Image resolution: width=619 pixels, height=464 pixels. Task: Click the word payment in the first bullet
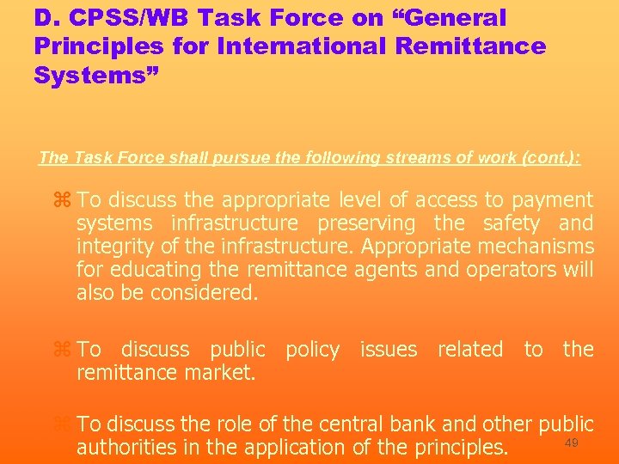[x=551, y=200]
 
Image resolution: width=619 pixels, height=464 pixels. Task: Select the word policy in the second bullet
[x=312, y=350]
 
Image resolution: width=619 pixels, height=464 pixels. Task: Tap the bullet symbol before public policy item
[x=61, y=350]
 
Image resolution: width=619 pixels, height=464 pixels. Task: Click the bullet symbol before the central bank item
[x=61, y=424]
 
